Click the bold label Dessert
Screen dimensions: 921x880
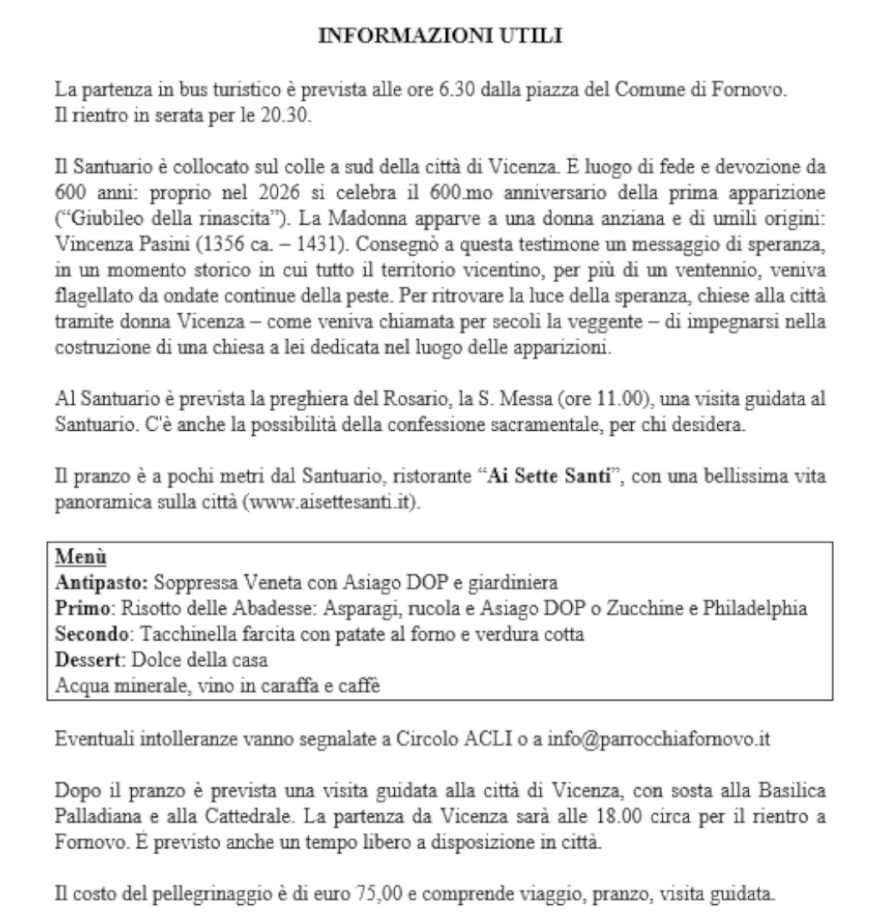click(x=89, y=660)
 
